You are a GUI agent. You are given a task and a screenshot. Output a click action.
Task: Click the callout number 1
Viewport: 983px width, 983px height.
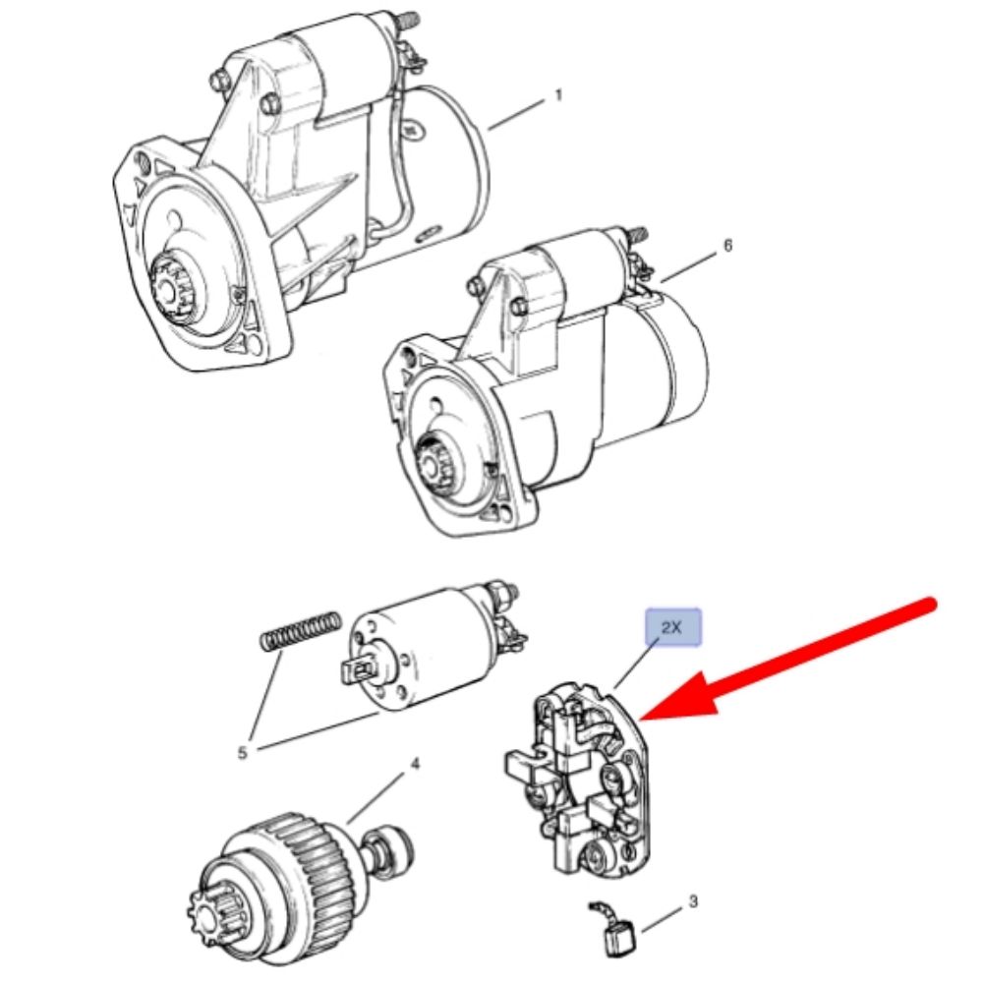coord(558,96)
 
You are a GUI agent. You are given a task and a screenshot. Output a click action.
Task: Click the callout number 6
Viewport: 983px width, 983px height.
coord(727,245)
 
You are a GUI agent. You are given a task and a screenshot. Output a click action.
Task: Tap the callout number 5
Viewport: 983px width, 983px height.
coord(243,752)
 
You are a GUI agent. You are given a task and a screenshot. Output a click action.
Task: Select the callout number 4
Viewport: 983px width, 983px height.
coord(415,764)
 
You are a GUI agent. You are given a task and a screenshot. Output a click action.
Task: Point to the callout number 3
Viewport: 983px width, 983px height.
coord(693,901)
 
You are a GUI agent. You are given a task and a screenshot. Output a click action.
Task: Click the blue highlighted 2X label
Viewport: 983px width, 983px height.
coord(673,626)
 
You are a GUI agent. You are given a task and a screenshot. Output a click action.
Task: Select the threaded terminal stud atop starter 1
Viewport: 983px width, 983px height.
coord(410,21)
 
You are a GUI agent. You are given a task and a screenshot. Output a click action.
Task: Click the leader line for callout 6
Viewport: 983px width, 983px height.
coord(688,265)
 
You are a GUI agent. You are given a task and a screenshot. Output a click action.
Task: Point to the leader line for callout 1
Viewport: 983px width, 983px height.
coord(517,114)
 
